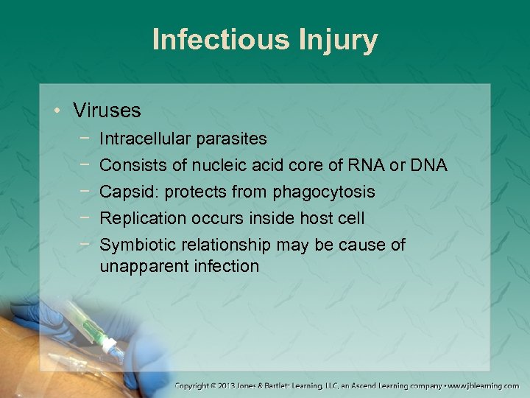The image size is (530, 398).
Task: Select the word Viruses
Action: click(x=107, y=111)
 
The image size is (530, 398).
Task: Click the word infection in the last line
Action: click(x=224, y=265)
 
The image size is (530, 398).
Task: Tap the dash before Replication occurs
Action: click(x=88, y=218)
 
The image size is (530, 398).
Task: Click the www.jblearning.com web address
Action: click(x=483, y=385)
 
